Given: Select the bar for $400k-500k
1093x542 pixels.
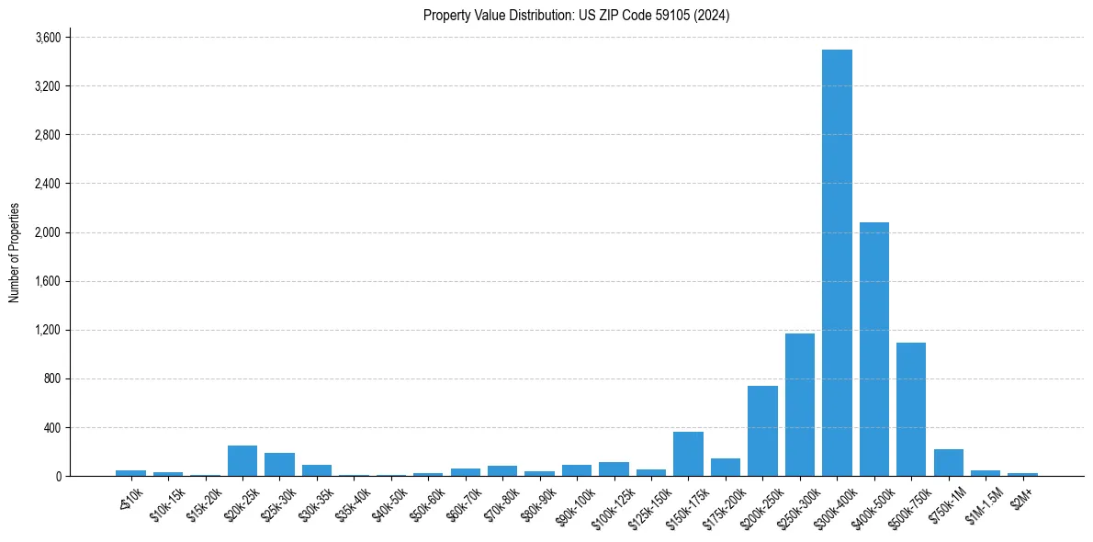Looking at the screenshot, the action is [873, 349].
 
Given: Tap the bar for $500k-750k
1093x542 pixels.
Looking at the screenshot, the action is [911, 410].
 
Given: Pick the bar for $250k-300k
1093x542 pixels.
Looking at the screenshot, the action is [799, 405].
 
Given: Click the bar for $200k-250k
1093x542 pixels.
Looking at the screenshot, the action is [762, 431].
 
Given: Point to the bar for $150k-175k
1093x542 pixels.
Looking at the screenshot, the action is [688, 454].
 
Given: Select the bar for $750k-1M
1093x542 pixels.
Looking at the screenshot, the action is [948, 463].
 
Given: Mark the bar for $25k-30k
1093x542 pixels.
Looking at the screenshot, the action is [279, 465].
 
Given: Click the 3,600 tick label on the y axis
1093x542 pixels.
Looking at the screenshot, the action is [48, 38].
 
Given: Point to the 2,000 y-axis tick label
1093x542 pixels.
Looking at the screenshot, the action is [48, 232].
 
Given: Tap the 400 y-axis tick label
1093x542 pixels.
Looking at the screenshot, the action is [52, 428].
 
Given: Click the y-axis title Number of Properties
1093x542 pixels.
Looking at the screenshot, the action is [14, 253].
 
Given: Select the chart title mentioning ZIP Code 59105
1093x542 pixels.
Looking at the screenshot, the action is [576, 15].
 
